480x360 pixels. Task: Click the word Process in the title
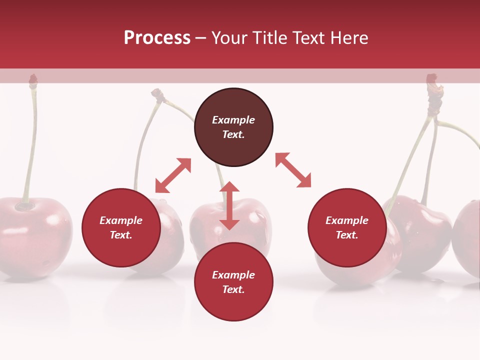157,38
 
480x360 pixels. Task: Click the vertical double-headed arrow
229,205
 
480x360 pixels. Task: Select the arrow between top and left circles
173,175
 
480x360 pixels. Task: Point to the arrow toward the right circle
293,170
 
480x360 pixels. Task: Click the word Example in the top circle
233,120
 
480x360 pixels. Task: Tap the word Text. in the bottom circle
233,289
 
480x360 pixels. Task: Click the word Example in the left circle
121,220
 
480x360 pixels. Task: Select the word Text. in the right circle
347,235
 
